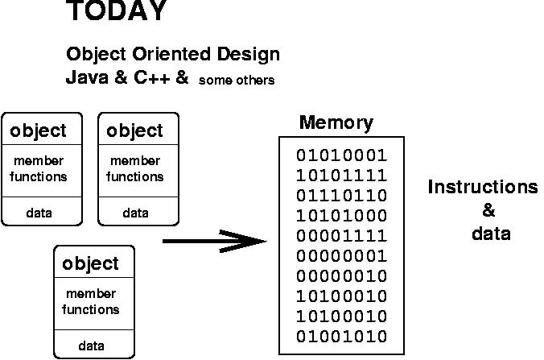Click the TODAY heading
[117, 10]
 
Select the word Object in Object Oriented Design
[96, 55]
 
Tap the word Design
[249, 55]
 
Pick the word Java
[87, 77]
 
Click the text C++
[152, 77]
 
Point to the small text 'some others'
[237, 81]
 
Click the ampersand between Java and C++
[121, 77]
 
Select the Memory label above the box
[336, 123]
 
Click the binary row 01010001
[342, 155]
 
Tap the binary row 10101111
[342, 176]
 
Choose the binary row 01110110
[342, 196]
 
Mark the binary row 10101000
[342, 216]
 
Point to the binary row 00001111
[342, 236]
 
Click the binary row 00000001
[342, 256]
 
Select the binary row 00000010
[342, 276]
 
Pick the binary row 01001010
[342, 337]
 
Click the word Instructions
[483, 187]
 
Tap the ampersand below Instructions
[488, 210]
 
